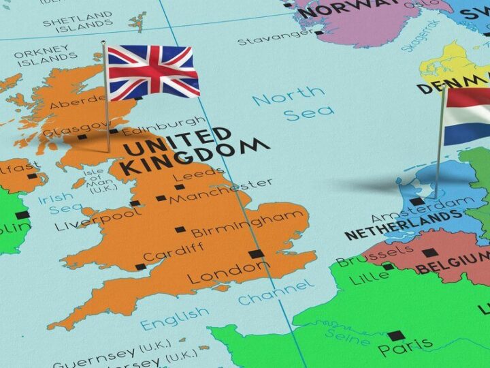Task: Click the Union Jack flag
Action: coord(152,71)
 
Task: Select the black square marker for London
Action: coord(256,254)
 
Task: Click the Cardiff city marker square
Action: coord(140,266)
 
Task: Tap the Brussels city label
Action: coord(356,262)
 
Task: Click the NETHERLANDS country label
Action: coord(402,226)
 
